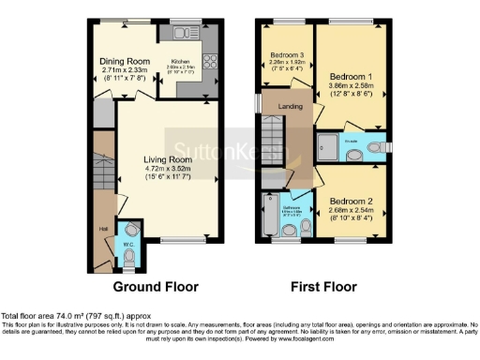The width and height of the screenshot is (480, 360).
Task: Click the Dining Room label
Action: click(126, 62)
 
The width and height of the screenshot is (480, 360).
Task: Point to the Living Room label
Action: click(167, 159)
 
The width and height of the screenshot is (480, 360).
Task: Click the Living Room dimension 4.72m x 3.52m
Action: click(167, 170)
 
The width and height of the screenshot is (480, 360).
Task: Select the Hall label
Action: click(101, 226)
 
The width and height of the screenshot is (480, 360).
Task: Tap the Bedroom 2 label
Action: click(352, 202)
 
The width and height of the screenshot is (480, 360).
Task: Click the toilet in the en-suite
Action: click(374, 147)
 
